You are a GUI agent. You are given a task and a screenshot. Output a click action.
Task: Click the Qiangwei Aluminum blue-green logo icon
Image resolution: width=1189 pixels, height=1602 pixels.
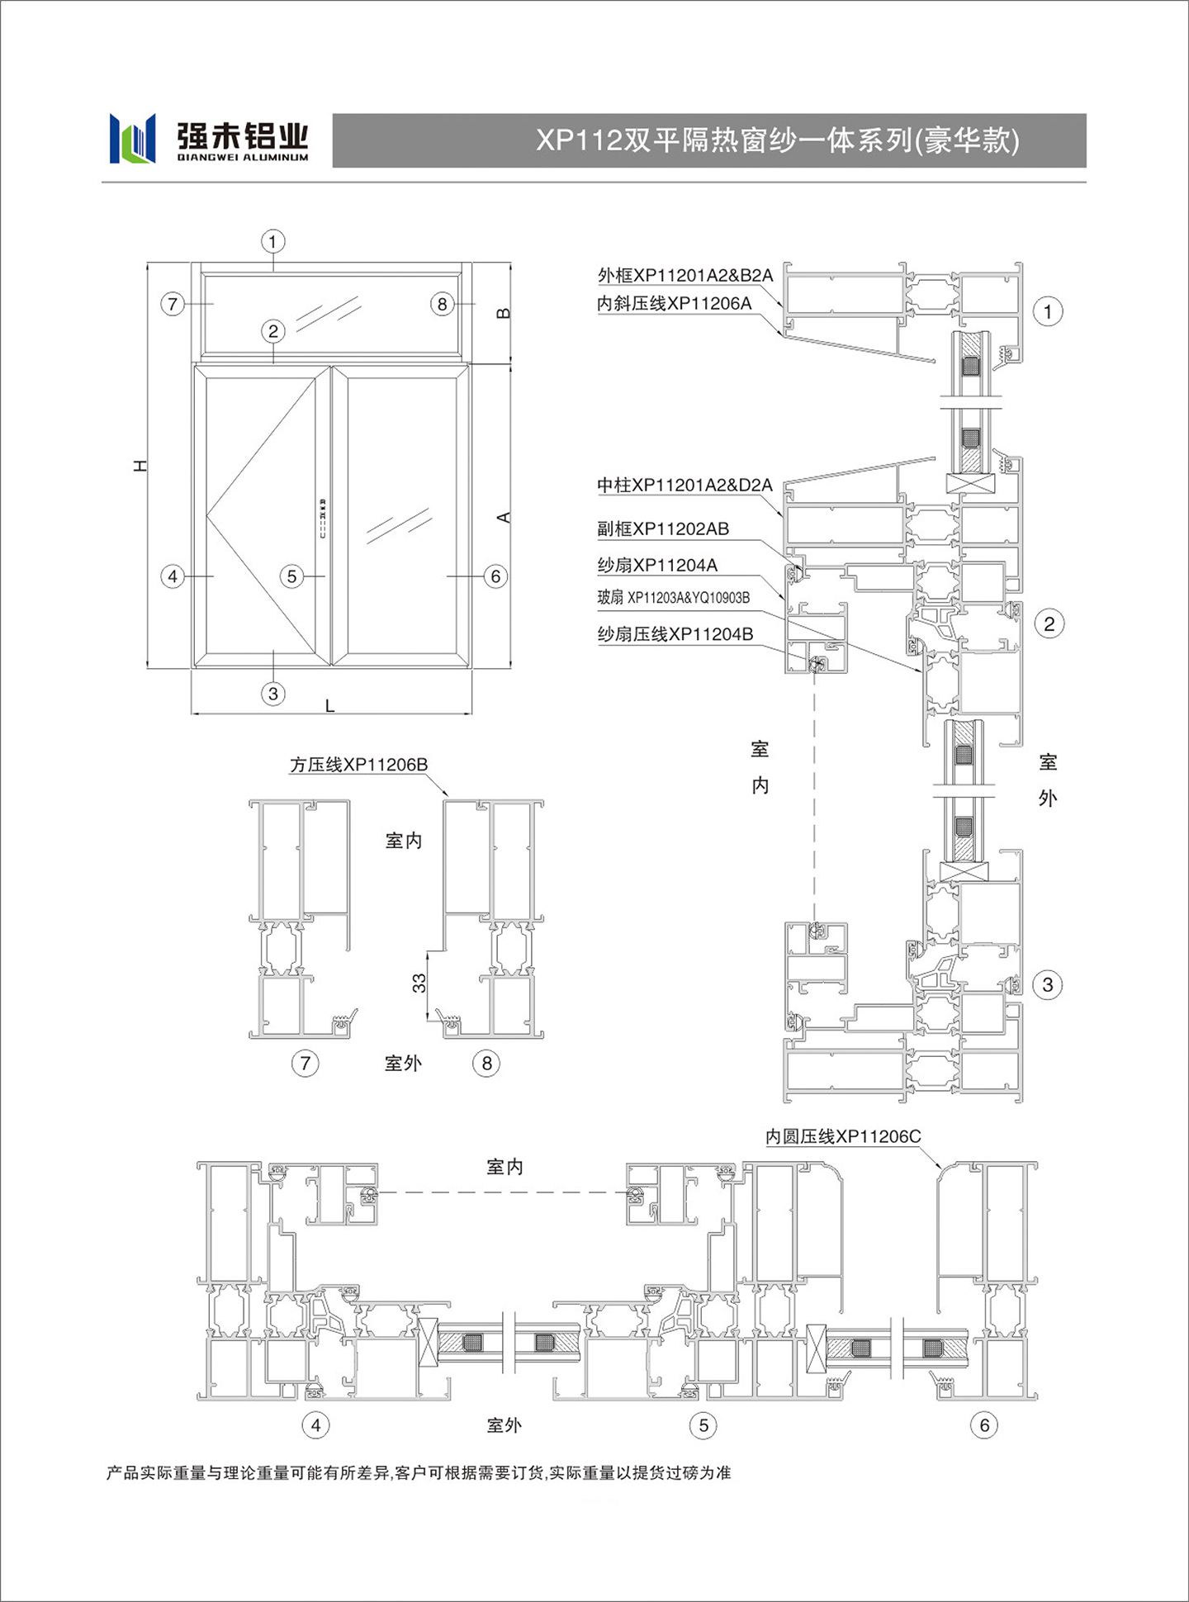(x=132, y=138)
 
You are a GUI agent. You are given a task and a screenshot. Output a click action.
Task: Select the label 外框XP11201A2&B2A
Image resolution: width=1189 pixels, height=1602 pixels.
(x=685, y=275)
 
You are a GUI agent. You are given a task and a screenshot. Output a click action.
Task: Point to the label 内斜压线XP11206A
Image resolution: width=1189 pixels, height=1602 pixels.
(x=675, y=304)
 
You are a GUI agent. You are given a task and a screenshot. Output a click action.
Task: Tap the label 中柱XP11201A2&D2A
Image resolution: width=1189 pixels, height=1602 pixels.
(x=685, y=485)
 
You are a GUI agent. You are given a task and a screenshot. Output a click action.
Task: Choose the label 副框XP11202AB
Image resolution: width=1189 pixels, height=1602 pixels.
(x=663, y=528)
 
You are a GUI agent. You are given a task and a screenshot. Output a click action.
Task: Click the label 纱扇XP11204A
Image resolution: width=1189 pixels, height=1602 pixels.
(x=657, y=565)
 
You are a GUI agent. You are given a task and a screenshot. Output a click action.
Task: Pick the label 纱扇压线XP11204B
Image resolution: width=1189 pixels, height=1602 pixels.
(x=675, y=634)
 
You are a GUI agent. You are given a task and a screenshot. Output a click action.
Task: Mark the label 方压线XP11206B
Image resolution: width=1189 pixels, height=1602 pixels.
(x=358, y=765)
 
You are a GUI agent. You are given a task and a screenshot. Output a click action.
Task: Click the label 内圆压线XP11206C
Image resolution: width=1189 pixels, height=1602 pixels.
(x=843, y=1136)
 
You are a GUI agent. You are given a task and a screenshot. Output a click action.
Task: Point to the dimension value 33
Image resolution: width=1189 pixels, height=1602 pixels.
(x=419, y=983)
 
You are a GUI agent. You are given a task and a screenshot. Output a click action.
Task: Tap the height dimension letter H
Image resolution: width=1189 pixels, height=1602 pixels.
(x=141, y=466)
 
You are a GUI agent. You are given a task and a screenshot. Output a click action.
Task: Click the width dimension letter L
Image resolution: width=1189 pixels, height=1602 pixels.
(x=329, y=706)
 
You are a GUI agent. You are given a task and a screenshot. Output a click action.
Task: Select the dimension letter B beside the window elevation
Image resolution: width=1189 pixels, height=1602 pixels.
(x=503, y=314)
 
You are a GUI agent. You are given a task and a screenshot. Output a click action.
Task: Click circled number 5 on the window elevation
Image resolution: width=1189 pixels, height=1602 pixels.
(x=291, y=576)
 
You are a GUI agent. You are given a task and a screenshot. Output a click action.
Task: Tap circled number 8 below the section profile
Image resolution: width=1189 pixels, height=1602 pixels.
(x=486, y=1063)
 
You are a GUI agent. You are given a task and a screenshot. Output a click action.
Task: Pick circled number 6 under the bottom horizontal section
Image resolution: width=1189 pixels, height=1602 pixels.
(x=984, y=1424)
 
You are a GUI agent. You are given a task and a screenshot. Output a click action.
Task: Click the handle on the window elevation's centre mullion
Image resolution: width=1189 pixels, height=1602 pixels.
(x=323, y=519)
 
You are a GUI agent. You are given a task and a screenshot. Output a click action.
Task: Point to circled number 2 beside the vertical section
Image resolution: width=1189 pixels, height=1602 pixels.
(x=1049, y=623)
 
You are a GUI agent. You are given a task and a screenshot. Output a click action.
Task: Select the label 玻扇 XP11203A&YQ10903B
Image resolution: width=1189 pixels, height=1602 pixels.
(x=674, y=598)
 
